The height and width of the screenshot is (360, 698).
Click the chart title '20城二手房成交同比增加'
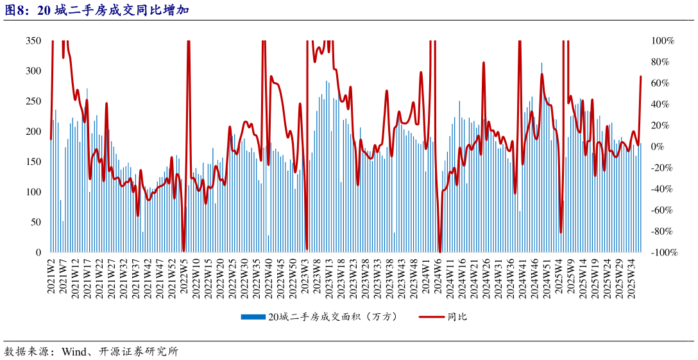pos(113,10)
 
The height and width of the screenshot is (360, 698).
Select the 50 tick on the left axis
pos(36,222)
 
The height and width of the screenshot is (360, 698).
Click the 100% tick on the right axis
pos(663,40)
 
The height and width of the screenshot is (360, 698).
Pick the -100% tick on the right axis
pos(664,252)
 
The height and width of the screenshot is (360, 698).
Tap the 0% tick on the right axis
pos(659,146)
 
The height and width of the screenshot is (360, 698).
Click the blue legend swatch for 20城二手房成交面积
pos(253,317)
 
